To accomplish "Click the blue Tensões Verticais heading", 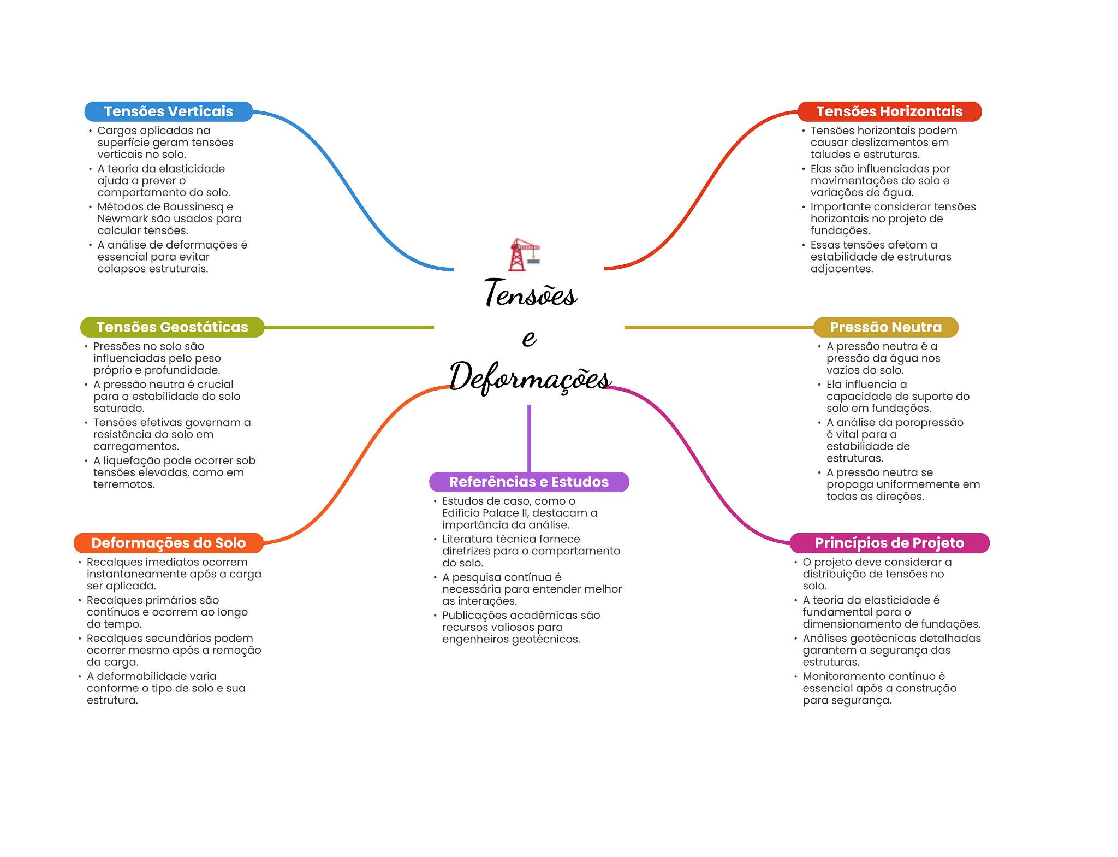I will coord(168,111).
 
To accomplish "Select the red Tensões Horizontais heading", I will coord(889,111).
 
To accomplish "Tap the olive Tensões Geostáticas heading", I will coord(172,327).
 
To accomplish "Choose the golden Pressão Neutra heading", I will coord(885,327).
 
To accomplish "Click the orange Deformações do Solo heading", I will coord(168,543).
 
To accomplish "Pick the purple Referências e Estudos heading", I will coord(528,482).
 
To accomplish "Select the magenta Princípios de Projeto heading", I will coord(889,543).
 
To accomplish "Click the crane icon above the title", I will coord(524,255).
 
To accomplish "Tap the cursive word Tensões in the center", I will coord(531,293).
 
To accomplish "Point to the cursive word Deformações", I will coord(530,377).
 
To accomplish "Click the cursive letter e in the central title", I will coord(529,338).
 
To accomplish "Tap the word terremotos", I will coord(123,484).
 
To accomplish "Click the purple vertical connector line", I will coord(529,437).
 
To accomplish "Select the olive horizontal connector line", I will coord(349,327).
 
